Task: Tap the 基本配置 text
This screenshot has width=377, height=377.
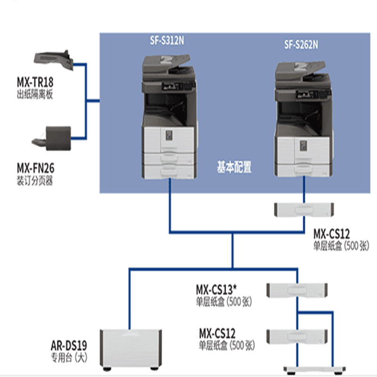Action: [234, 167]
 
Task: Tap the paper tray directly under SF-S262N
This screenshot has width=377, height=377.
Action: [303, 209]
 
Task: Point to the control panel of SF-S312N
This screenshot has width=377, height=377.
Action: [177, 86]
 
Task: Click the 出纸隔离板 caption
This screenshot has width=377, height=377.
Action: [34, 95]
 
